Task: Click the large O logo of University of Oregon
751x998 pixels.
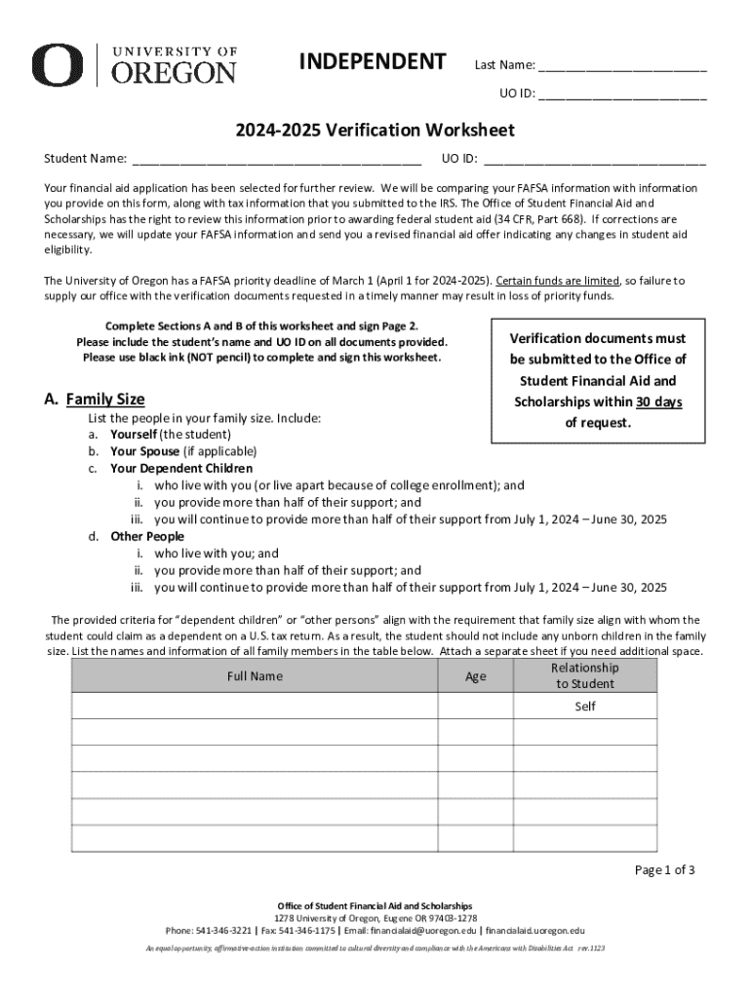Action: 57,65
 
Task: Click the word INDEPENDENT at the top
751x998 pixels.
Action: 372,62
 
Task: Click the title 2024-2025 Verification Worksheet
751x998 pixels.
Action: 374,130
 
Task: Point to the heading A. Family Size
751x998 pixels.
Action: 95,399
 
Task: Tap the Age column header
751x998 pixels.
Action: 475,676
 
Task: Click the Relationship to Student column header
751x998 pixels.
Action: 584,675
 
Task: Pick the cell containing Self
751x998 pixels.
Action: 584,706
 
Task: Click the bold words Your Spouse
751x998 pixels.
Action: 144,451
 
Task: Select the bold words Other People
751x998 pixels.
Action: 146,537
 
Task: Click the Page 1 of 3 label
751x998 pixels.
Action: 664,870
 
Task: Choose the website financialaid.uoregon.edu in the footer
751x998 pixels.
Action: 534,931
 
